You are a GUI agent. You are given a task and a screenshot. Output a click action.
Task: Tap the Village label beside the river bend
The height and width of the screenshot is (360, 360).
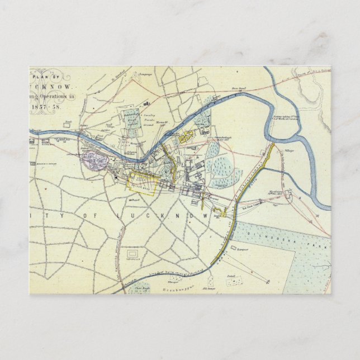pos(290,150)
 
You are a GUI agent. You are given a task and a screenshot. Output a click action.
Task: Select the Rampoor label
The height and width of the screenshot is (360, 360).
pos(241,249)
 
